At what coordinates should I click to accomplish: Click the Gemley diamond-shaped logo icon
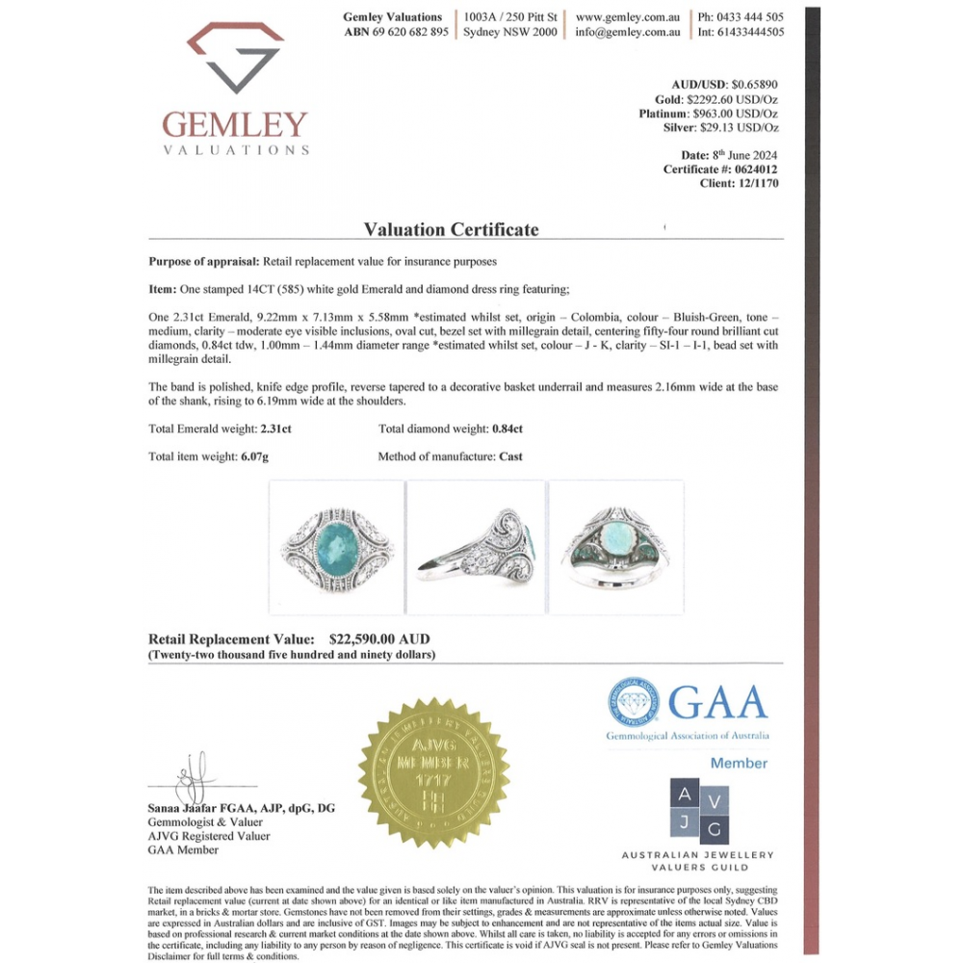[234, 58]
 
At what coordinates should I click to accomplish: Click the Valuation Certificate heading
[451, 229]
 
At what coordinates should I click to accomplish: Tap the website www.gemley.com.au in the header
[628, 16]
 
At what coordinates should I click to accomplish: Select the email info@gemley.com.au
[628, 32]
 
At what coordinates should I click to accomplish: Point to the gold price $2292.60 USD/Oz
[732, 99]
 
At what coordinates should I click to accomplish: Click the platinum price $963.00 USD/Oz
[737, 114]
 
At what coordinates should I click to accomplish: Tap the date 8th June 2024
[743, 155]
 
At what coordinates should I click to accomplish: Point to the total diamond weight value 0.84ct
[508, 429]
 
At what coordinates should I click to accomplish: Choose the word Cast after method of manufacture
[510, 456]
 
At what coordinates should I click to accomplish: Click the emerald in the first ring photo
[336, 545]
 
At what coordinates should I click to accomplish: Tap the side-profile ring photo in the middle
[476, 547]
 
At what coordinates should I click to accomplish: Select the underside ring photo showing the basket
[616, 547]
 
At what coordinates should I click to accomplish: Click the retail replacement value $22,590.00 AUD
[379, 639]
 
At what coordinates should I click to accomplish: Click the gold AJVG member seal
[433, 773]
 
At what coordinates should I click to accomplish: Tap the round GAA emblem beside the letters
[633, 701]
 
